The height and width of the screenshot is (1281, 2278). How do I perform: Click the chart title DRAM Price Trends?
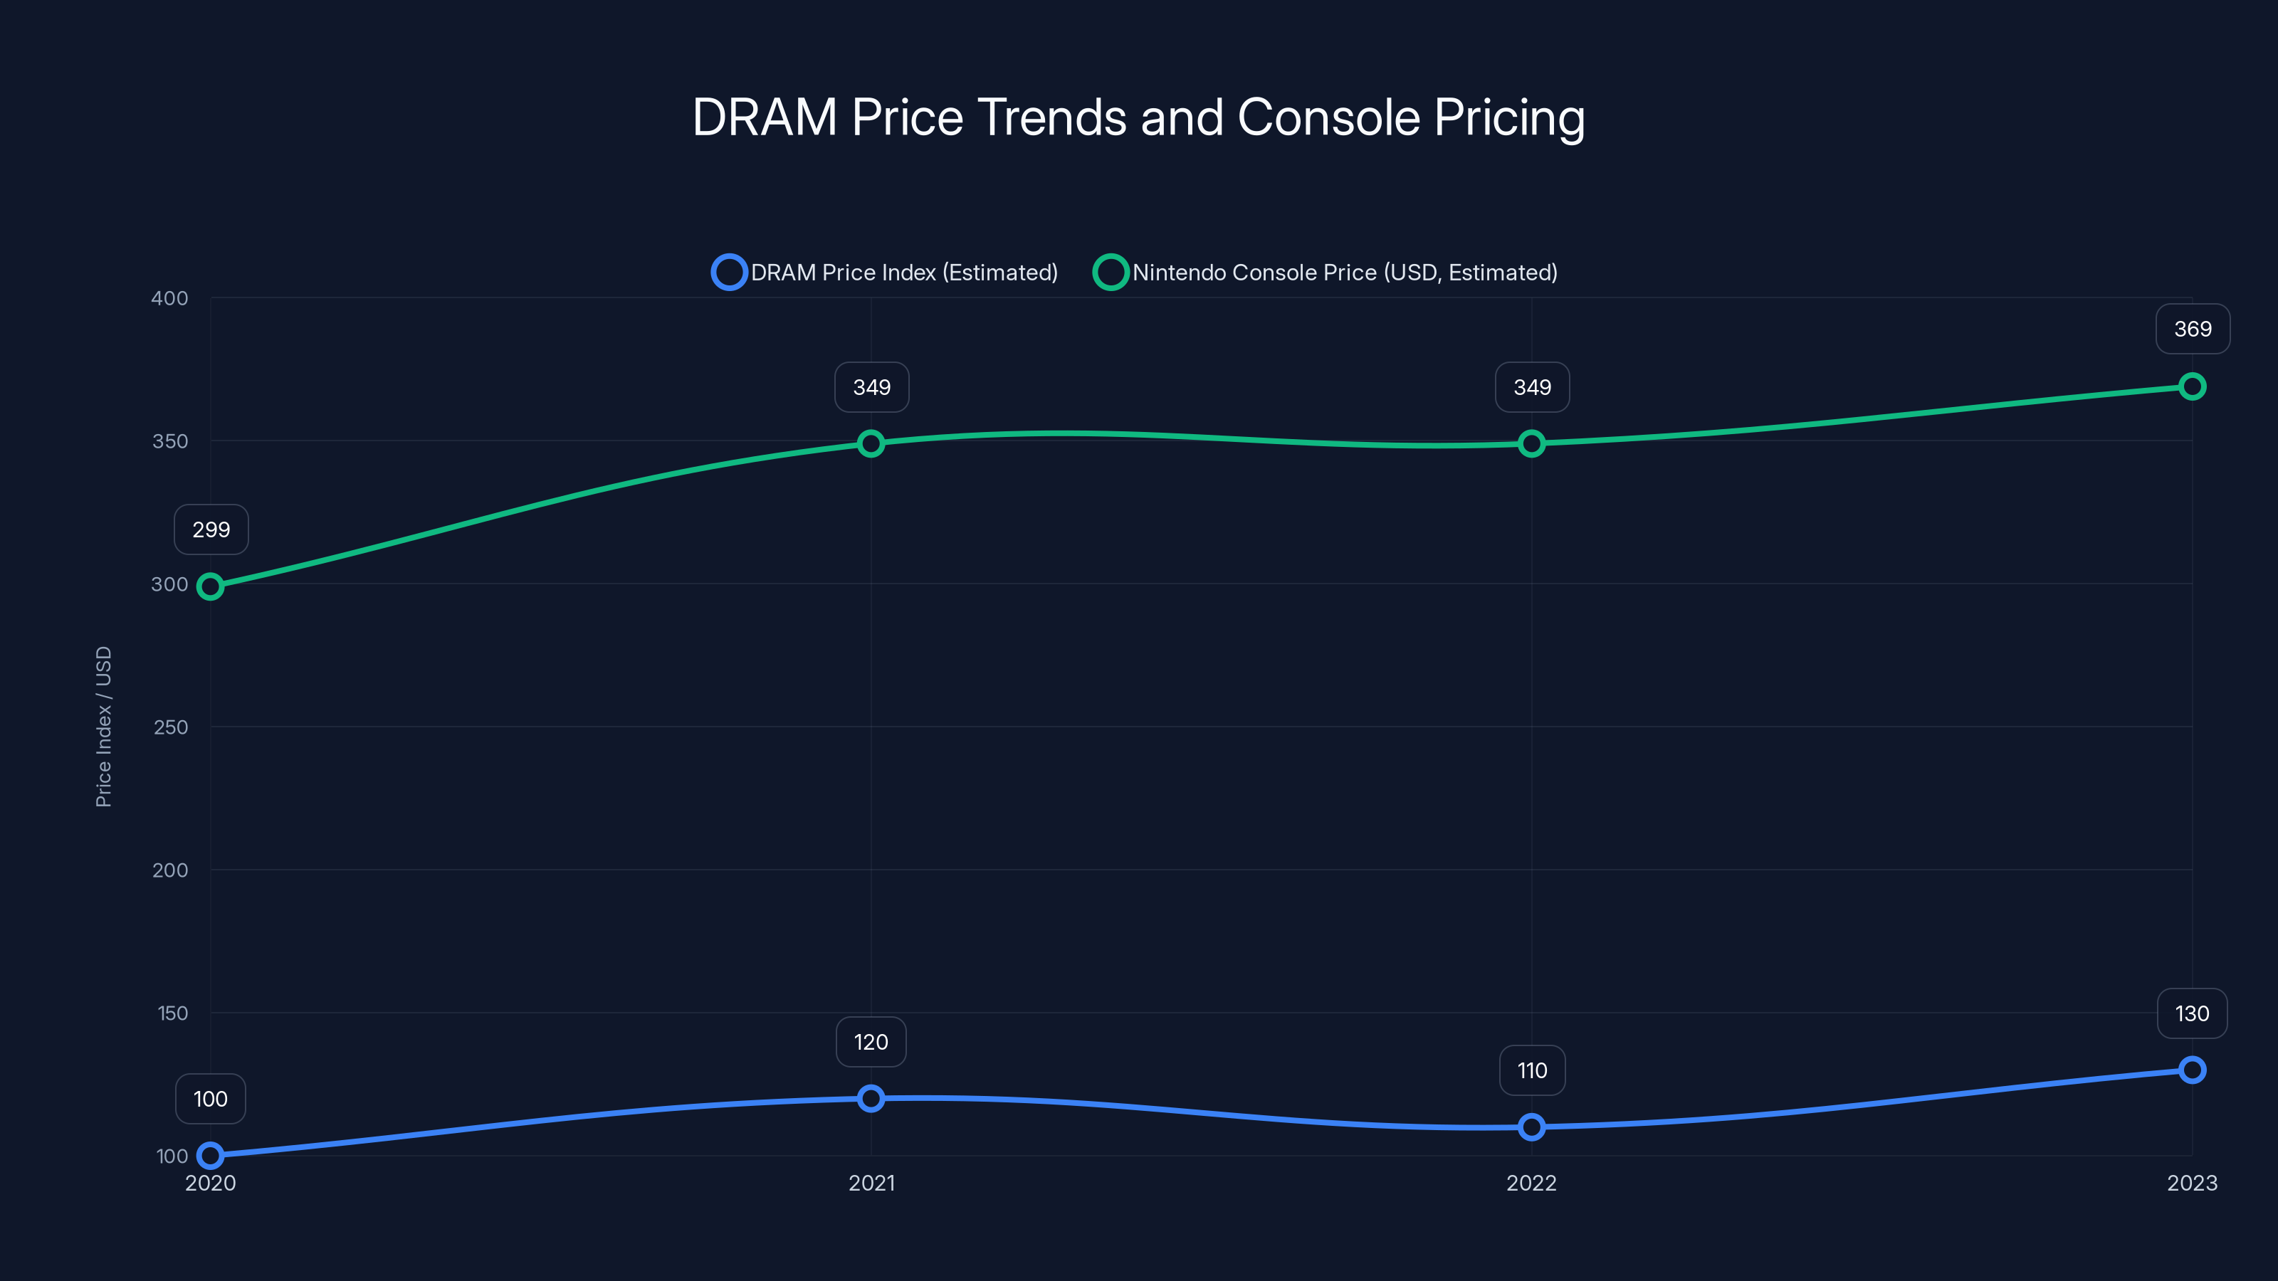pyautogui.click(x=1138, y=117)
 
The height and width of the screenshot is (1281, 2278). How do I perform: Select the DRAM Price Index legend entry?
pyautogui.click(x=885, y=273)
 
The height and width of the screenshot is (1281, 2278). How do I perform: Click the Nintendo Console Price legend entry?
pyautogui.click(x=1326, y=273)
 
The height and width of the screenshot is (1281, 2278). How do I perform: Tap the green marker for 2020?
pyautogui.click(x=211, y=586)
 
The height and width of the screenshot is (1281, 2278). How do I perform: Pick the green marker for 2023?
pyautogui.click(x=2191, y=386)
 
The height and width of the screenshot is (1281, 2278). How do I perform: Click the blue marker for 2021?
pyautogui.click(x=871, y=1098)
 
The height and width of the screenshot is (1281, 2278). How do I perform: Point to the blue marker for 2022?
pyautogui.click(x=1532, y=1127)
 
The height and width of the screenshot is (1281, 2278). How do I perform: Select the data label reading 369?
pyautogui.click(x=2193, y=329)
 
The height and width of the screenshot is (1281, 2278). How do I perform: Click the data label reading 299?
pyautogui.click(x=211, y=529)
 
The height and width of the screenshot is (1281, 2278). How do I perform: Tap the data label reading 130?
pyautogui.click(x=2191, y=1013)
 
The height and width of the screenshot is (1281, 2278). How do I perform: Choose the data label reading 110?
pyautogui.click(x=1532, y=1070)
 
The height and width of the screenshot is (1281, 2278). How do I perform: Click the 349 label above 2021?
pyautogui.click(x=871, y=387)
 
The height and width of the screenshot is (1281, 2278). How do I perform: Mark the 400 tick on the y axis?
pyautogui.click(x=170, y=298)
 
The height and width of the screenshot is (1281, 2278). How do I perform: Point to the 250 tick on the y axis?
pyautogui.click(x=170, y=727)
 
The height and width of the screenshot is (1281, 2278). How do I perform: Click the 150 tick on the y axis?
pyautogui.click(x=172, y=1013)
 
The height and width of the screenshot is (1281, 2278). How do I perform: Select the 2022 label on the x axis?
pyautogui.click(x=1532, y=1183)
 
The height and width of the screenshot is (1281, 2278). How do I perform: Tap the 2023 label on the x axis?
pyautogui.click(x=2191, y=1183)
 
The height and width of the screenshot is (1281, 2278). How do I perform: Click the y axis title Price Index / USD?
pyautogui.click(x=103, y=727)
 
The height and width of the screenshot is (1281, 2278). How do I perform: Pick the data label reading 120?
pyautogui.click(x=871, y=1043)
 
